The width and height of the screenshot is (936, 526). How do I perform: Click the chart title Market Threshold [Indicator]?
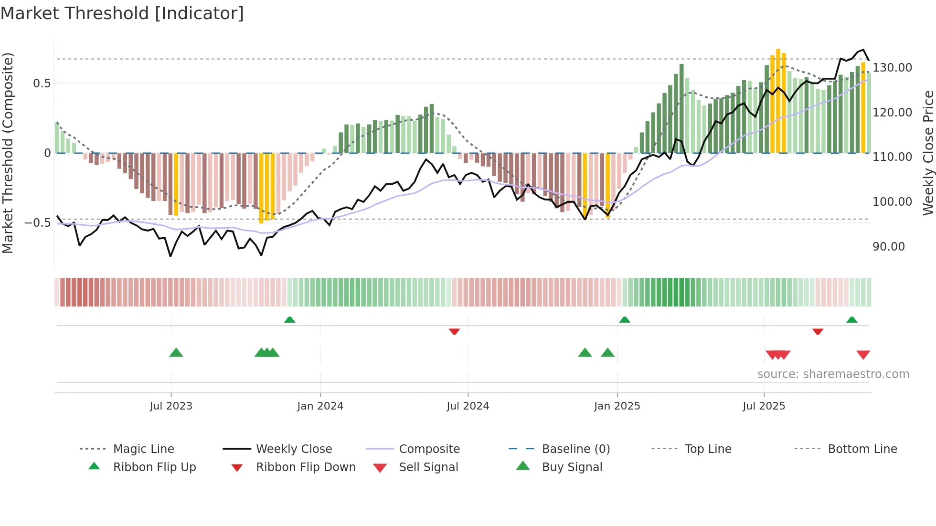pos(122,13)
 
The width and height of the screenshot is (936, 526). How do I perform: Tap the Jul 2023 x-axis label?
pos(170,406)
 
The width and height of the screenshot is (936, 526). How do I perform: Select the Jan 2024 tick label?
pos(320,406)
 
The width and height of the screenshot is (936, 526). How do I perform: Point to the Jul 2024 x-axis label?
pos(468,406)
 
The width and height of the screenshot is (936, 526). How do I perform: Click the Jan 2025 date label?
pos(617,406)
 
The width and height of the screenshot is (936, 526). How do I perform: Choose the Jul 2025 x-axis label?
pos(764,406)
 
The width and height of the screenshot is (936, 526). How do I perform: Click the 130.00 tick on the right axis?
pos(892,68)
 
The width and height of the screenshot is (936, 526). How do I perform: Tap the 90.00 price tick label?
pos(888,247)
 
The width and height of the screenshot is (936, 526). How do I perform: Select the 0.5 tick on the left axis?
pos(42,84)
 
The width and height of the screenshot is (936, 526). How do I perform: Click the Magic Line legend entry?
pos(143,449)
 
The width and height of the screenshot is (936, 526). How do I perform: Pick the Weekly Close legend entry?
pos(294,449)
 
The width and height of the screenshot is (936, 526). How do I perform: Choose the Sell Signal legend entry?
pos(428,467)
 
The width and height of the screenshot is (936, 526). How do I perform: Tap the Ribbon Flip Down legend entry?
pos(306,467)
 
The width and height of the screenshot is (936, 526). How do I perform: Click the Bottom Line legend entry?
pos(862,449)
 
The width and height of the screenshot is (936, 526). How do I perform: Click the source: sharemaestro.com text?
pos(833,374)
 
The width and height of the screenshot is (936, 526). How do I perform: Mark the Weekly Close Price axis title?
pos(928,153)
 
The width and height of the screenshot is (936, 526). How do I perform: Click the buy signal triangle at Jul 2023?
pos(176,353)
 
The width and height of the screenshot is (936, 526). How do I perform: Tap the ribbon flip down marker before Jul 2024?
pos(454,331)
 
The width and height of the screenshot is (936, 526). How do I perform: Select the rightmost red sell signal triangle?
pos(863,355)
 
